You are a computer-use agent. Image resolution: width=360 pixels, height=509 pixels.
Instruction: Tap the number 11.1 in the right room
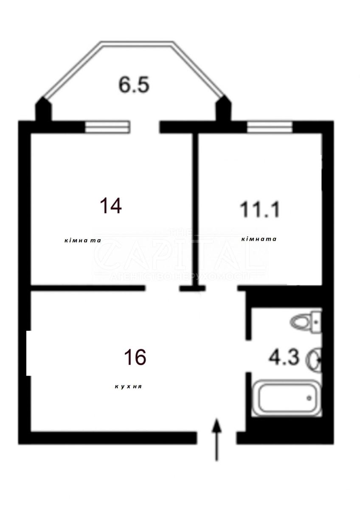click(x=260, y=209)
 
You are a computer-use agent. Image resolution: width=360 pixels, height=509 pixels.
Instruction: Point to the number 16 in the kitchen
click(x=135, y=357)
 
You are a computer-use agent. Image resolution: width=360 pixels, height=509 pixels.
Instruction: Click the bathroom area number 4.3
click(x=284, y=357)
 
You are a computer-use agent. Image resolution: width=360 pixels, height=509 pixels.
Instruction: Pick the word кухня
click(x=128, y=387)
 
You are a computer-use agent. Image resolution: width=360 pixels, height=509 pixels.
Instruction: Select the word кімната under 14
click(x=82, y=241)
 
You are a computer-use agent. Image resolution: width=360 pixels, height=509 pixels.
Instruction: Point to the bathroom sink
click(x=315, y=359)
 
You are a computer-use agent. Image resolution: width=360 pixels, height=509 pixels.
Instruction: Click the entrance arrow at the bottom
click(x=217, y=439)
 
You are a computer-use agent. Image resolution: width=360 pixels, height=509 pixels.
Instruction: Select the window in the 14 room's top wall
click(x=107, y=127)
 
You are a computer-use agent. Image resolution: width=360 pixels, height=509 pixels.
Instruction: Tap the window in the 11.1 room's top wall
click(x=270, y=127)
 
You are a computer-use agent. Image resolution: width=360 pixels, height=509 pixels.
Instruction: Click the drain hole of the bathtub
click(x=309, y=398)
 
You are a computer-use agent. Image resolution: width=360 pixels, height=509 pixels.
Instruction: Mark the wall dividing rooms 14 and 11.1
click(x=196, y=208)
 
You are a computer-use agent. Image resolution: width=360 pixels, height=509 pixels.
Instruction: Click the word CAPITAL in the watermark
click(x=180, y=257)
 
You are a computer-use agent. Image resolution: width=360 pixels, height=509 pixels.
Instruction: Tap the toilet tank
click(x=317, y=321)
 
